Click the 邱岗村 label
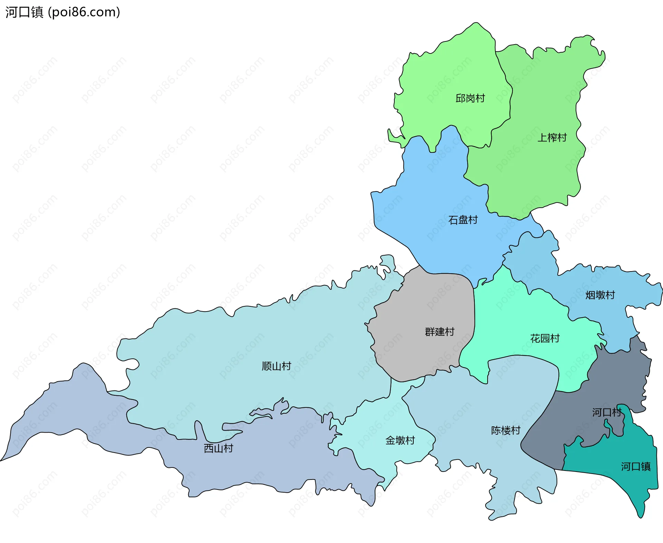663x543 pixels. click(470, 98)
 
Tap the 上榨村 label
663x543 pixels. click(552, 138)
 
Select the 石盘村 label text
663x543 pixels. click(463, 220)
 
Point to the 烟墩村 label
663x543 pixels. click(600, 295)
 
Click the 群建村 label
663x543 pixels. click(439, 332)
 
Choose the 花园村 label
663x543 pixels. click(545, 338)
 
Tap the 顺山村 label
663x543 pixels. click(276, 366)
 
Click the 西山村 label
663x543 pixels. click(218, 448)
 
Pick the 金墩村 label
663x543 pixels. click(400, 440)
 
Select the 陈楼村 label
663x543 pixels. click(505, 430)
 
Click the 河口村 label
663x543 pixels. click(606, 412)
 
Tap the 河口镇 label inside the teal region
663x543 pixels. click(635, 466)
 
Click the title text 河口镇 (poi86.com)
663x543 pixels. click(63, 12)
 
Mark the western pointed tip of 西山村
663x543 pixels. click(2, 460)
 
